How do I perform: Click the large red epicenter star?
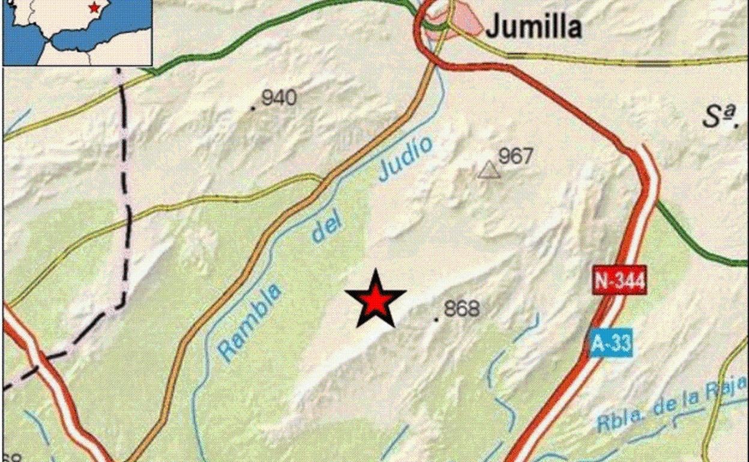(x=375, y=299)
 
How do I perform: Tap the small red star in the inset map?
(x=94, y=8)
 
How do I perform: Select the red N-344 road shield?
(x=620, y=280)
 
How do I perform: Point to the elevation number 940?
(x=279, y=97)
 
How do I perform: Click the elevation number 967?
(x=516, y=156)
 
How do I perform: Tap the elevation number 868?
(x=462, y=309)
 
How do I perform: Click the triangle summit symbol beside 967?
(x=489, y=172)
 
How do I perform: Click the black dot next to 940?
(x=253, y=108)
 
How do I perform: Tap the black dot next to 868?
(x=436, y=319)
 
